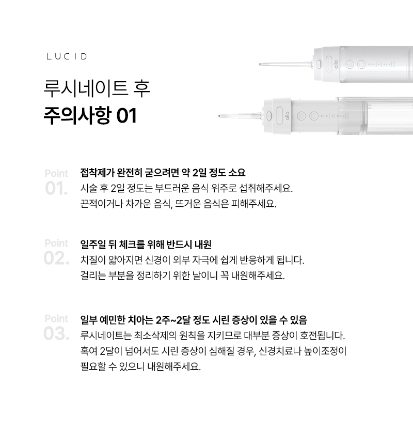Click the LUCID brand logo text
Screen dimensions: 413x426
coord(67,56)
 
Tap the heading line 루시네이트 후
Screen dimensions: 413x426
coord(97,88)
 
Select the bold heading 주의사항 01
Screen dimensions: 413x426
coord(90,115)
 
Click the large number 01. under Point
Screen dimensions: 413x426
coord(56,189)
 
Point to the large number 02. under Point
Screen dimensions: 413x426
coord(56,258)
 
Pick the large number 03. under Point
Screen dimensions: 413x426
coord(56,333)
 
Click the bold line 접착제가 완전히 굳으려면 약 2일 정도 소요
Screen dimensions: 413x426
coord(163,173)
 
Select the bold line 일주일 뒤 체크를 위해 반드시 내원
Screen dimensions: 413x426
coord(146,245)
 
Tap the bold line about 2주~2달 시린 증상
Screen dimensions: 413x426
coord(194,320)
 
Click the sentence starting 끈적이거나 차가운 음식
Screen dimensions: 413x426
coord(178,204)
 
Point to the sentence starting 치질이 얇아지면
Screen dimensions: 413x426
coord(193,260)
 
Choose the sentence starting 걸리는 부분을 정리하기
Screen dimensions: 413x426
coord(183,276)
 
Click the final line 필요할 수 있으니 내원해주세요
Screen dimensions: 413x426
coord(140,367)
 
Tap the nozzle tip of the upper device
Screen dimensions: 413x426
coord(260,65)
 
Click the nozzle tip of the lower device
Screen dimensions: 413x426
coord(219,116)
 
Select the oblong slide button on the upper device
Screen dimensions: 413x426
coord(329,65)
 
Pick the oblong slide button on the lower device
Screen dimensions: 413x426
coord(279,116)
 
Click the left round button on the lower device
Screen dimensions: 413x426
coord(300,116)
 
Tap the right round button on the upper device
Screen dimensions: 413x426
coord(361,65)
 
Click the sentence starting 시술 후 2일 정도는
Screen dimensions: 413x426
coord(187,188)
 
